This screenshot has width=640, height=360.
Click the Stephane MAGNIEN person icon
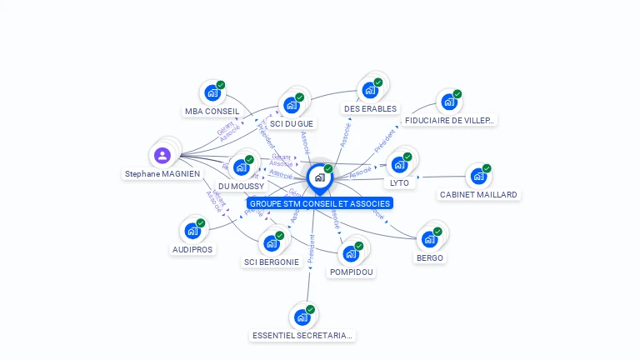[162, 155]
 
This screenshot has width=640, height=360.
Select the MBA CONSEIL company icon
[212, 93]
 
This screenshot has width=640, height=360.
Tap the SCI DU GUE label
[292, 123]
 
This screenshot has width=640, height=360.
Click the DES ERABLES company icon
[370, 90]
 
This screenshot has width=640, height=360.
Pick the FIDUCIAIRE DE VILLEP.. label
[450, 120]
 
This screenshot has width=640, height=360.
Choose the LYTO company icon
[399, 164]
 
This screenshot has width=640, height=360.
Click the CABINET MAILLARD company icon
[478, 176]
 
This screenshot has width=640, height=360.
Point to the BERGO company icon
[429, 239]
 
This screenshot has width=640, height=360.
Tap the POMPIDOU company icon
[351, 253]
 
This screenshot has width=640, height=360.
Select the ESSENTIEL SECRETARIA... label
[302, 336]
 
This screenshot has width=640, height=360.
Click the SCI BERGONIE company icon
[271, 243]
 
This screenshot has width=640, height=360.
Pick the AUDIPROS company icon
[192, 231]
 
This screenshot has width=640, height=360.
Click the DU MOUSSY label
[241, 186]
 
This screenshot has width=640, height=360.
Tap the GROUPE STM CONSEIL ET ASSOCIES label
[319, 203]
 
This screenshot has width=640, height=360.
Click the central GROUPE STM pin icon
[319, 177]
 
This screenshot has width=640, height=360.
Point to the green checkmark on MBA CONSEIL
[221, 85]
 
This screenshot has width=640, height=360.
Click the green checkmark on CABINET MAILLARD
[487, 168]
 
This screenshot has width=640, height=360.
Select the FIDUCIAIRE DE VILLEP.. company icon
[449, 102]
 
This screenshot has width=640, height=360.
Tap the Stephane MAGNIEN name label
[162, 174]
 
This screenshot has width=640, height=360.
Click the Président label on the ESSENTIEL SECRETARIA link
[311, 255]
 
